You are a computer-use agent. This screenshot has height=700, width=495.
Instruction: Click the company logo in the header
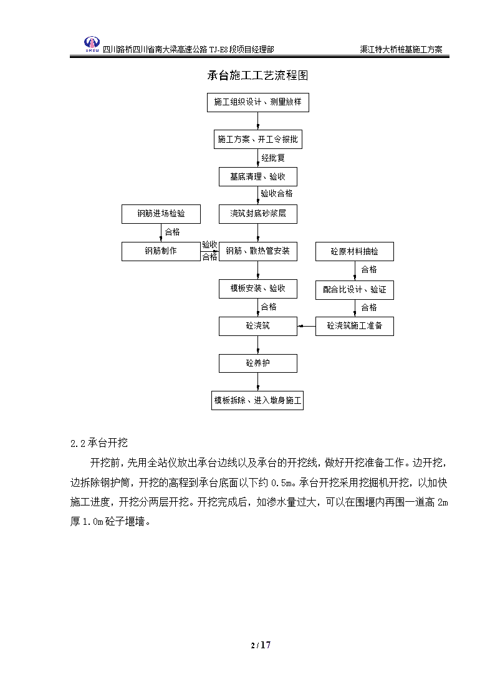(92, 45)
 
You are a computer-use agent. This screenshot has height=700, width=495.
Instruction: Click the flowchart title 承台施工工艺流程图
(257, 75)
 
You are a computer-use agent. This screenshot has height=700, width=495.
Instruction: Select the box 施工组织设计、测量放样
(258, 102)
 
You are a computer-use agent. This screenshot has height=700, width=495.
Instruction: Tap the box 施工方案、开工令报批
(258, 139)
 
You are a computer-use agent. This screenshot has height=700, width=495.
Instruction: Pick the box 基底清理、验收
(258, 177)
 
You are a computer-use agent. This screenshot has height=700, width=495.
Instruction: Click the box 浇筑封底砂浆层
(258, 214)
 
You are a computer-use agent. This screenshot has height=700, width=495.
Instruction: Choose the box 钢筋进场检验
(161, 214)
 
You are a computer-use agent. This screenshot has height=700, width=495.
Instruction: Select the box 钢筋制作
(161, 251)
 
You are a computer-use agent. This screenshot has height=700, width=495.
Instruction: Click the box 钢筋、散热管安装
(258, 251)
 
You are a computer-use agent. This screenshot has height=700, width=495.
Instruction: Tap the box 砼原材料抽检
(354, 252)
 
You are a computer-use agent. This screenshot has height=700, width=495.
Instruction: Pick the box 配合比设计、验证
(354, 290)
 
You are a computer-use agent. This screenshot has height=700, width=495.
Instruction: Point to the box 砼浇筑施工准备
(354, 326)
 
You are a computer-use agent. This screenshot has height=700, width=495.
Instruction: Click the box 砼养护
(258, 363)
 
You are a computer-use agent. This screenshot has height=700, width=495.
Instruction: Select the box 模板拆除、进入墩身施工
(257, 400)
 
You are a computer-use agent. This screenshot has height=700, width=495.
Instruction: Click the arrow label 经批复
(273, 158)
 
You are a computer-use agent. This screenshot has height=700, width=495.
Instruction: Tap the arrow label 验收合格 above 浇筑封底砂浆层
(277, 193)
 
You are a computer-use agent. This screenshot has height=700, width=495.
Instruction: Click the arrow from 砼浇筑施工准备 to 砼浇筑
(306, 327)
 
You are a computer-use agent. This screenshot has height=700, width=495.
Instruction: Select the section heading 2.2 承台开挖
(99, 443)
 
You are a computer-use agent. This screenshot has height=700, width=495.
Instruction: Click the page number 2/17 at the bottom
(261, 645)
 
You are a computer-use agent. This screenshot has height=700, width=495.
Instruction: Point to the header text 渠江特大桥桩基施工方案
(401, 49)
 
